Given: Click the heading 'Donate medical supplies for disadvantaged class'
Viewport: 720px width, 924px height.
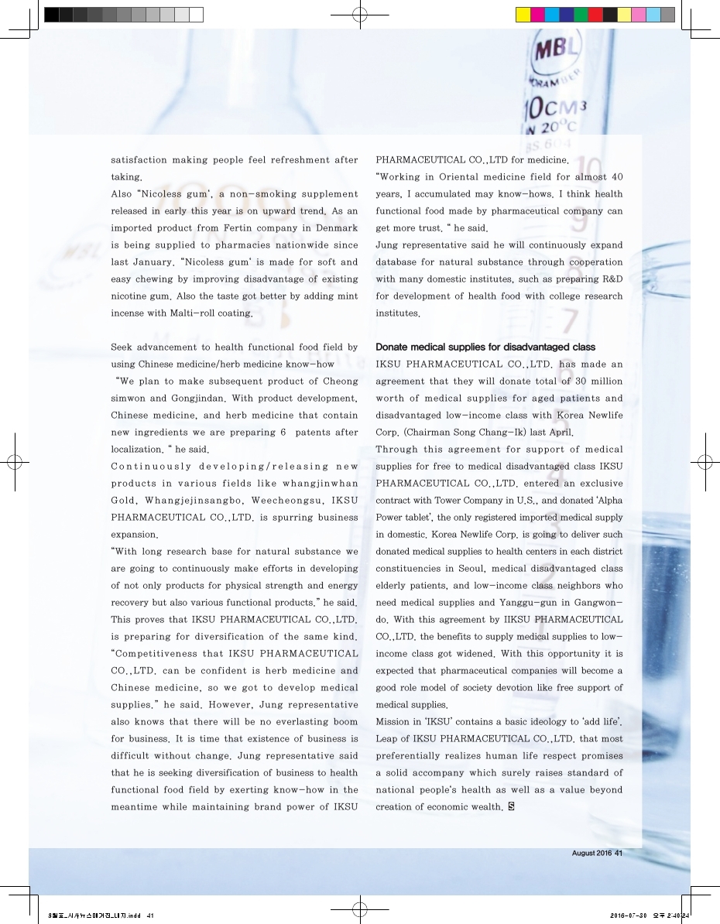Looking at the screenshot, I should click(x=485, y=346).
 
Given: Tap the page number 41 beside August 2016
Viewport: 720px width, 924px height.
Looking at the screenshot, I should click(x=619, y=854).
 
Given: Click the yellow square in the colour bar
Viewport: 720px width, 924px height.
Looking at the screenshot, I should click(x=523, y=15).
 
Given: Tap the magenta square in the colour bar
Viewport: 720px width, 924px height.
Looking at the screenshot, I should click(x=537, y=15).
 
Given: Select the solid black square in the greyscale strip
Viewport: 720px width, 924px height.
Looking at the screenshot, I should click(x=52, y=15).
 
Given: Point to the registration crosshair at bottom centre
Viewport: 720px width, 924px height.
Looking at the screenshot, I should click(x=358, y=909).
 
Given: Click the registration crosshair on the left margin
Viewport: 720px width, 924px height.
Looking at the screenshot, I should click(x=15, y=462).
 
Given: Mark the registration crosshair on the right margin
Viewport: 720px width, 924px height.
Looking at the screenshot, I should click(x=705, y=462).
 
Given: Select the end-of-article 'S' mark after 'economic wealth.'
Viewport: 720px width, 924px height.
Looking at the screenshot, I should click(x=511, y=807).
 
